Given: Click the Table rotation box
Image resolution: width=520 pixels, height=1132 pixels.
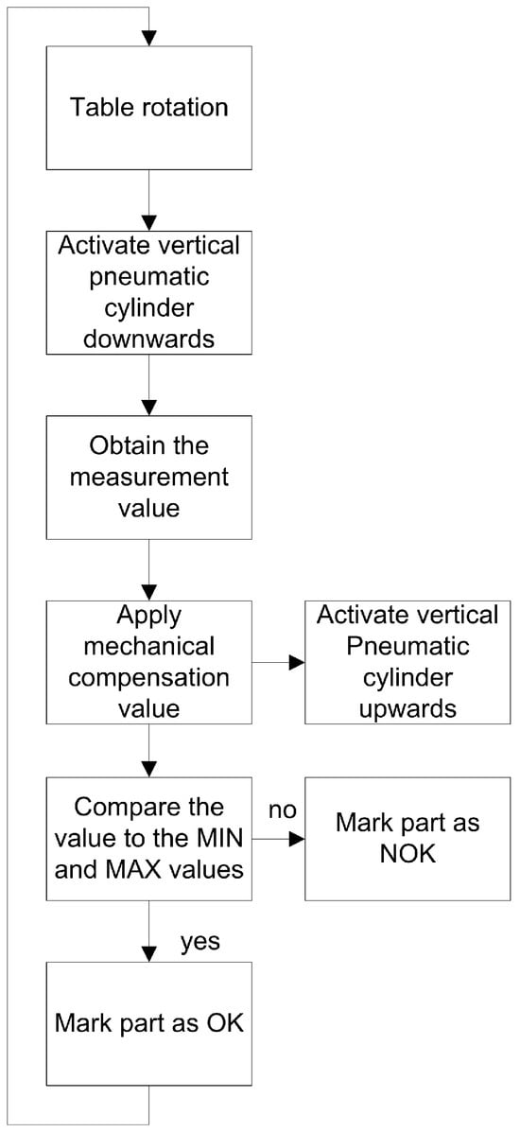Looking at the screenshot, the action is pyautogui.click(x=148, y=108).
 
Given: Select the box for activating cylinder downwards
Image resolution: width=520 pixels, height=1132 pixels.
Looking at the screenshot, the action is pyautogui.click(x=148, y=291).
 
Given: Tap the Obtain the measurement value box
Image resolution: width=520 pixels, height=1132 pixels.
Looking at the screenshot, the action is pyautogui.click(x=148, y=477).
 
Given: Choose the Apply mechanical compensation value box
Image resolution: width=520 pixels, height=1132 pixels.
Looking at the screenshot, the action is pyautogui.click(x=148, y=661).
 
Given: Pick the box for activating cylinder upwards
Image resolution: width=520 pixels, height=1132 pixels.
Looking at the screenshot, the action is pyautogui.click(x=407, y=661).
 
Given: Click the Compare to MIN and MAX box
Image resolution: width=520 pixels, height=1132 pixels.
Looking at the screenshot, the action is pyautogui.click(x=148, y=839).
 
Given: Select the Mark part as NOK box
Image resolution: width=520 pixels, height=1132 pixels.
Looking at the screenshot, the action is pyautogui.click(x=407, y=839).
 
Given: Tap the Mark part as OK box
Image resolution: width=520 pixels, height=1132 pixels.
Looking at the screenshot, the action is pyautogui.click(x=148, y=1023).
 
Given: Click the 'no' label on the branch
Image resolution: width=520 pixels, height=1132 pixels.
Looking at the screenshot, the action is pyautogui.click(x=283, y=810).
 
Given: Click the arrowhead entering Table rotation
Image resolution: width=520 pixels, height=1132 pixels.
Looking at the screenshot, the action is pyautogui.click(x=148, y=38).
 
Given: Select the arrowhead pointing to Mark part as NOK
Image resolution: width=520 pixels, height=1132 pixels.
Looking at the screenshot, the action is pyautogui.click(x=296, y=839).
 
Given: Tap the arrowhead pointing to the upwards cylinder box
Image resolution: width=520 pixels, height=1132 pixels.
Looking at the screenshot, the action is pyautogui.click(x=296, y=661).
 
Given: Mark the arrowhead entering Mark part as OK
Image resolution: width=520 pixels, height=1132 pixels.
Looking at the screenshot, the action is pyautogui.click(x=148, y=953).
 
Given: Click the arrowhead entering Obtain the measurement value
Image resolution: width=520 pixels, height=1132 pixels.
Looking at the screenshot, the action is pyautogui.click(x=148, y=407).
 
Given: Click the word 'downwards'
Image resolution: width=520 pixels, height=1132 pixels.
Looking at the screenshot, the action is pyautogui.click(x=148, y=339).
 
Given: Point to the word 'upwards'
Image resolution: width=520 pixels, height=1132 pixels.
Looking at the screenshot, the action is pyautogui.click(x=407, y=708).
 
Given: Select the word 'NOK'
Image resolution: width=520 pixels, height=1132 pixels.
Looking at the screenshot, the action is pyautogui.click(x=407, y=855).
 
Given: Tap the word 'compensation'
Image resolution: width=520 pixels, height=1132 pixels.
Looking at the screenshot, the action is pyautogui.click(x=148, y=679).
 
